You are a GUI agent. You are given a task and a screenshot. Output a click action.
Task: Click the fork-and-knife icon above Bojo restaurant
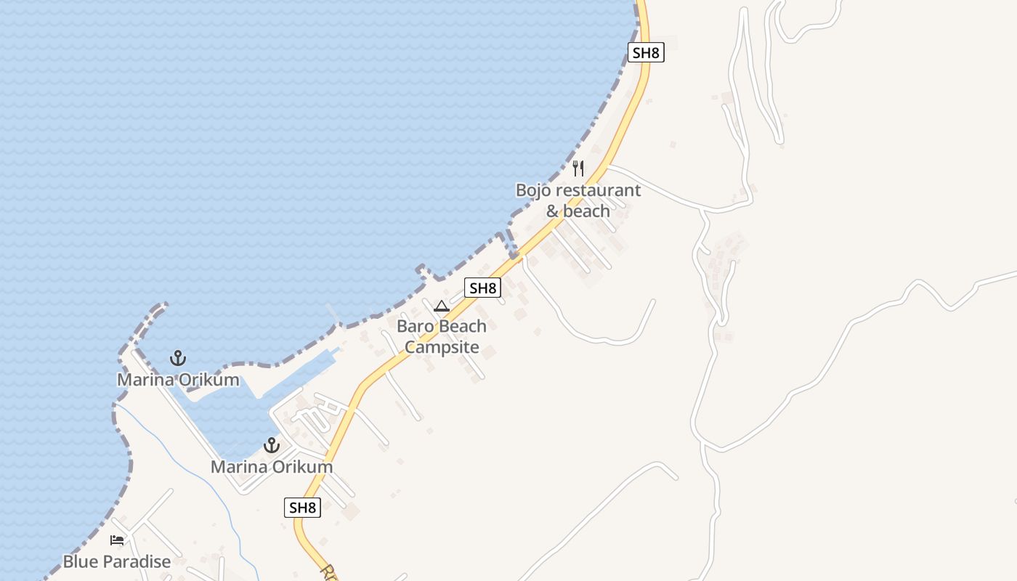578,168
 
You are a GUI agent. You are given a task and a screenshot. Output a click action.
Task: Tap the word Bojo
534,190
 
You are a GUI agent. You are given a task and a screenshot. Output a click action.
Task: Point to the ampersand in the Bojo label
554,211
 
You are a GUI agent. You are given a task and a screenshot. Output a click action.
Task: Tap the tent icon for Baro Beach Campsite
442,306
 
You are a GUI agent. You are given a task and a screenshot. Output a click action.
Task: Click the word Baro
413,326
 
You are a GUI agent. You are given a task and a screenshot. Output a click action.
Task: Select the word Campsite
442,347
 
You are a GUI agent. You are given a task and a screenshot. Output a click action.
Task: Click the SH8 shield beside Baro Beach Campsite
483,288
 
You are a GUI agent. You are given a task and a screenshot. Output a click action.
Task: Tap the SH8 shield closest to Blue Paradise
302,508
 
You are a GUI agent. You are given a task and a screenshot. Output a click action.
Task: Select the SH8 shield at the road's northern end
647,52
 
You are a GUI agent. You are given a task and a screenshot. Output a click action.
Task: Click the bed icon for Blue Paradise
117,540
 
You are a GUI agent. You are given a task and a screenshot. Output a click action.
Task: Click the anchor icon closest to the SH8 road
272,445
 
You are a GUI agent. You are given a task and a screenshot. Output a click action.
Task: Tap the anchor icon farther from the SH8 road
178,358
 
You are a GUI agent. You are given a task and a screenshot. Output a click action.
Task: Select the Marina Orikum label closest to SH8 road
272,467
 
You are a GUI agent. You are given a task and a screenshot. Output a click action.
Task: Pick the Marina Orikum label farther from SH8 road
178,380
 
